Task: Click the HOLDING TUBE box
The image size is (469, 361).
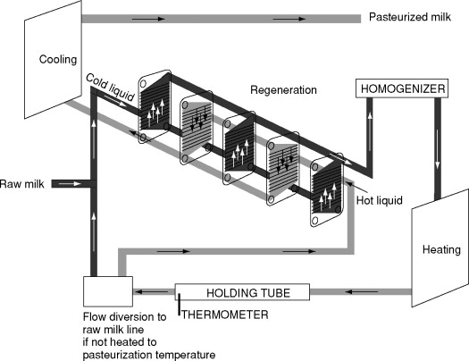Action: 243,292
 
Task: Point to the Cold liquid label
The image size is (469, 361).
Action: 109,82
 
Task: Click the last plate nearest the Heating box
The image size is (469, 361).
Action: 328,197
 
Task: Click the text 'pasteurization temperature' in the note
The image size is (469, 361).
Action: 148,353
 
